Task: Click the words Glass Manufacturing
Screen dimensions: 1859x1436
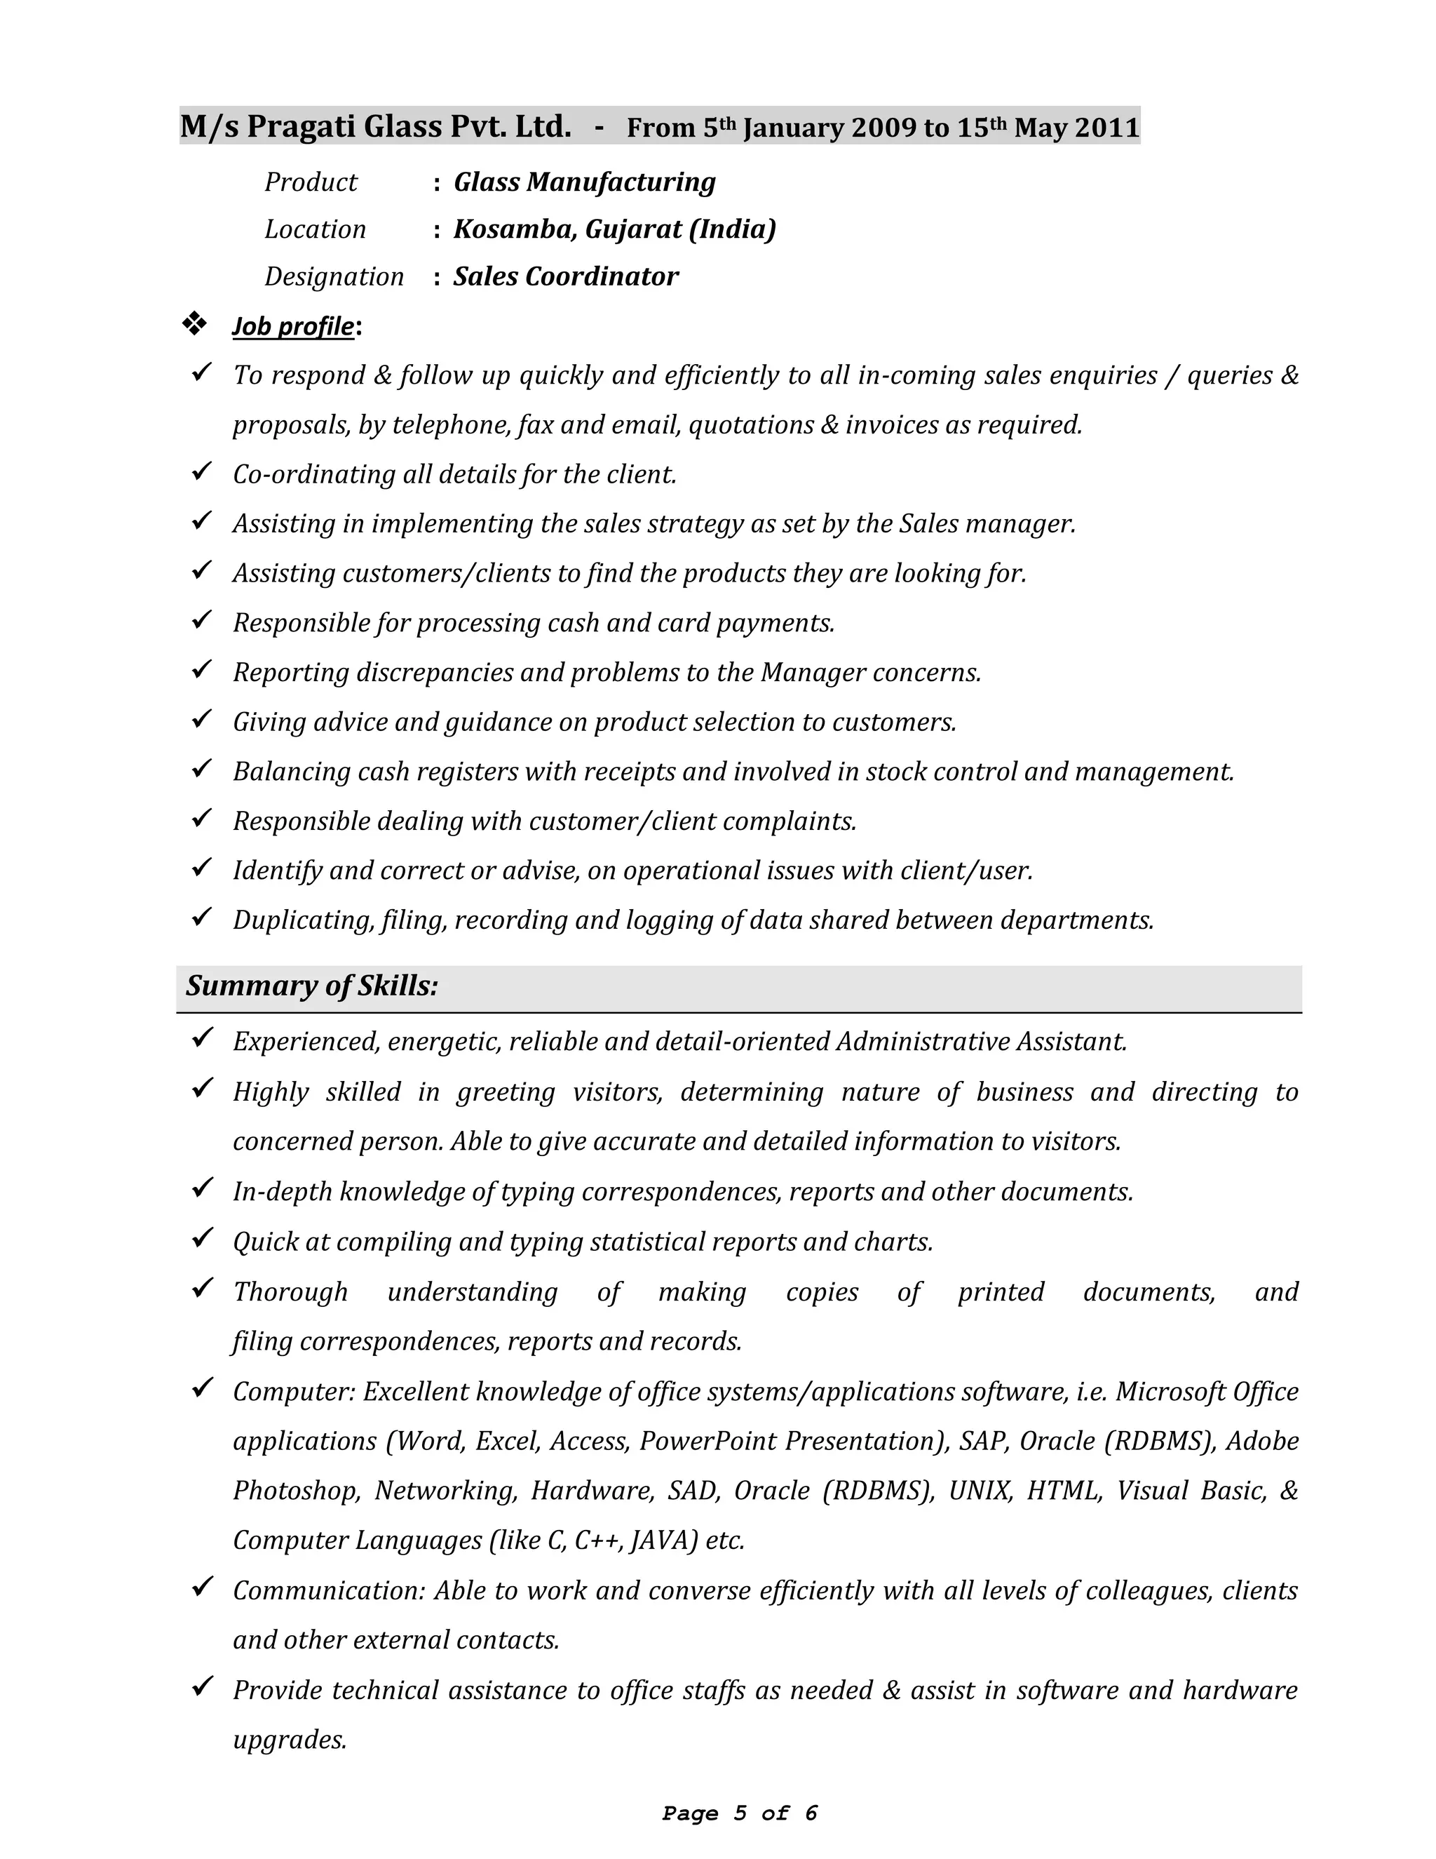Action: [x=585, y=182]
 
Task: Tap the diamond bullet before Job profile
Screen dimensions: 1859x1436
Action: [x=195, y=323]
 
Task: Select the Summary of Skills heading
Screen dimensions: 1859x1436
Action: [x=312, y=986]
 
